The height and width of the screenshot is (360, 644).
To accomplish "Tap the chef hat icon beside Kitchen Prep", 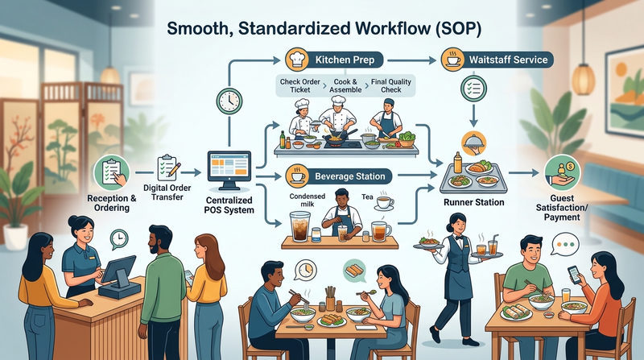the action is click(x=296, y=59).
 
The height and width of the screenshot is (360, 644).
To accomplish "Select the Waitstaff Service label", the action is click(x=509, y=60).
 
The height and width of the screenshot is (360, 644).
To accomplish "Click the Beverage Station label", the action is click(x=350, y=176).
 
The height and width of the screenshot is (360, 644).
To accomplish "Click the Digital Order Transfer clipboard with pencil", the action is click(x=168, y=168).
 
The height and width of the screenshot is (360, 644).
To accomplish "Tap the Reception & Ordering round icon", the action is click(x=111, y=172).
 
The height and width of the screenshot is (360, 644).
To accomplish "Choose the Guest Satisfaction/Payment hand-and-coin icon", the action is click(x=562, y=172).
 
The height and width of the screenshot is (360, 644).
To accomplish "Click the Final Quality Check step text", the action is click(x=390, y=85).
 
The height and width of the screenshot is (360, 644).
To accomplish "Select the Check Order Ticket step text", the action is click(x=299, y=85).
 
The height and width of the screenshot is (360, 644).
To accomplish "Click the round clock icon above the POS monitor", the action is click(x=229, y=101).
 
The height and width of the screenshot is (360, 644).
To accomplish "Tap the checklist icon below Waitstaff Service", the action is click(x=473, y=88).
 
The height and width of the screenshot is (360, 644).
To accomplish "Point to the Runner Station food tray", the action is click(x=473, y=177).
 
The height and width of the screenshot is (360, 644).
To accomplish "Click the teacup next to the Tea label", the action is click(x=385, y=202).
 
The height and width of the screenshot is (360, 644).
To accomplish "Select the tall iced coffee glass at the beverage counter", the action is click(x=299, y=226).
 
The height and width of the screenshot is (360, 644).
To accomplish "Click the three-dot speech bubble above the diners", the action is click(x=565, y=245).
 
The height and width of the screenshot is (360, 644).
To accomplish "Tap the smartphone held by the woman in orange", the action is click(x=574, y=275).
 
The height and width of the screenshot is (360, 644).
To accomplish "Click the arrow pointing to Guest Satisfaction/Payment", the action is click(x=524, y=173).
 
